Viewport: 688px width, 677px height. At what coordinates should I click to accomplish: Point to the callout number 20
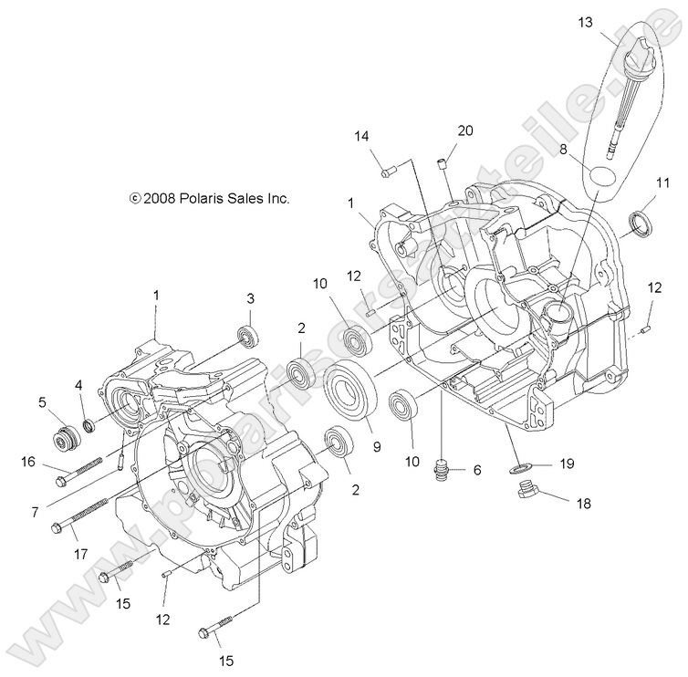click(x=464, y=131)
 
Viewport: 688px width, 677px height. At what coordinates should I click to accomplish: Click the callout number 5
click(x=42, y=401)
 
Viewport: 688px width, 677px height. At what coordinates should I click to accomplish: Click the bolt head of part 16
click(x=61, y=474)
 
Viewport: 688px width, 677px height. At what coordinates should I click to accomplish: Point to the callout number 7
click(x=34, y=513)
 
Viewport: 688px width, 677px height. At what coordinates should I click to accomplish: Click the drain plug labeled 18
click(x=527, y=495)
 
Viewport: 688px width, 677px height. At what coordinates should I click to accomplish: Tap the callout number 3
click(x=250, y=298)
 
